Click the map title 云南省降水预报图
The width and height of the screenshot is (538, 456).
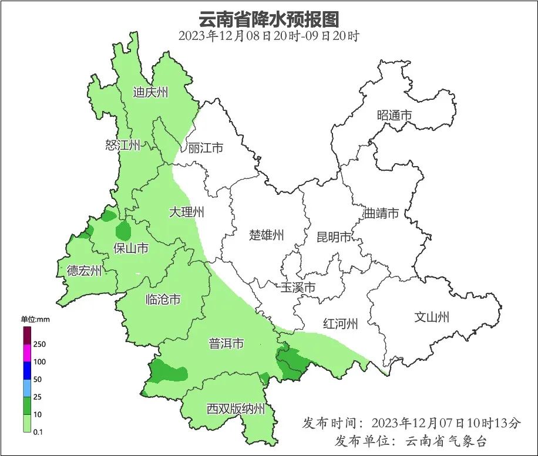269,19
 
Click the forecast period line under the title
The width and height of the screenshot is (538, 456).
268,36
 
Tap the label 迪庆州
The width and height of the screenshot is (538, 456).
150,92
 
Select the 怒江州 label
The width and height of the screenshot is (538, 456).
123,145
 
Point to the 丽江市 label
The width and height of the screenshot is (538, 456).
206,148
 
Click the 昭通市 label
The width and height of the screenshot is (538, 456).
394,116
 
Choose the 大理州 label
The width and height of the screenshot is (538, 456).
186,212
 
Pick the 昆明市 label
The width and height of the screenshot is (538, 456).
334,237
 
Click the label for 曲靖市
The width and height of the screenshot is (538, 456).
381,213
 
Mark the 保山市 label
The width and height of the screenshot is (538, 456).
130,248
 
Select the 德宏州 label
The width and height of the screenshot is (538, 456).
84,271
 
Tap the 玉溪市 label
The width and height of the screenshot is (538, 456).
298,288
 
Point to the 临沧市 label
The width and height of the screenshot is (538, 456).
163,300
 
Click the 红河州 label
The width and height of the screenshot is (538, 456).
340,323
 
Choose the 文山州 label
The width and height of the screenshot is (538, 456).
432,317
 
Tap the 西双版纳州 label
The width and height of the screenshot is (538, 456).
236,409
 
